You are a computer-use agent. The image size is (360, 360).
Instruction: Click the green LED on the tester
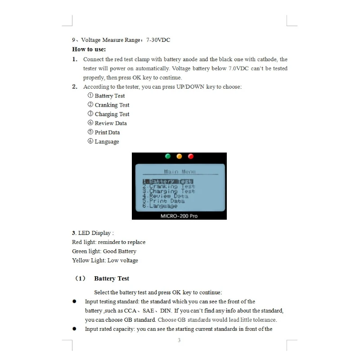tap(168, 156)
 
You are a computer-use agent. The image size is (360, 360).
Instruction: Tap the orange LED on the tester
tap(179, 156)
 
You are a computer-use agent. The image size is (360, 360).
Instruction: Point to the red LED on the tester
tap(190, 156)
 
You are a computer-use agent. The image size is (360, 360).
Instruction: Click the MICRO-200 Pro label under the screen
tap(179, 216)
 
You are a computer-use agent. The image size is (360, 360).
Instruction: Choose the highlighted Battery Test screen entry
tap(168, 181)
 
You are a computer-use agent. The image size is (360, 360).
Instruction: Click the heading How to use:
tap(89, 49)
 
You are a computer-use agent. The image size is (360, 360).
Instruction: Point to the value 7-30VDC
tap(158, 40)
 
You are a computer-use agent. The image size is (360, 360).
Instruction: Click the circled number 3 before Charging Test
tap(90, 114)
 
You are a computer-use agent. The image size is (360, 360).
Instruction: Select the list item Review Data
tap(111, 123)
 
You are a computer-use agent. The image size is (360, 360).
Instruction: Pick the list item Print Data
tap(107, 132)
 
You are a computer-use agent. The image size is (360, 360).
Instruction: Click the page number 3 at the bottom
tap(179, 340)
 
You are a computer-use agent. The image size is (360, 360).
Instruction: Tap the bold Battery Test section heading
tap(112, 279)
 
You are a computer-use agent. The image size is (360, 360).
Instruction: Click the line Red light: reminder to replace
tap(108, 242)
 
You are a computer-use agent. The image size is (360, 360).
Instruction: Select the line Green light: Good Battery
tap(104, 251)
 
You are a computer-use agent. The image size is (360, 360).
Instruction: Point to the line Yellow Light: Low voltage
tap(105, 261)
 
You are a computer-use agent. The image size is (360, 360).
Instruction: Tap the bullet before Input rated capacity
tap(75, 329)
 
